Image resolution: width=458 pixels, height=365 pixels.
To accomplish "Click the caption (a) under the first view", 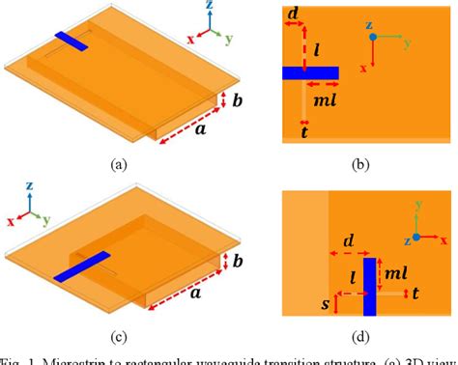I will (119, 163).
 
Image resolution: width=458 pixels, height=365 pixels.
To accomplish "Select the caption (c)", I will (119, 336).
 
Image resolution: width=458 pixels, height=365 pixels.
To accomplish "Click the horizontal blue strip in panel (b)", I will (310, 72).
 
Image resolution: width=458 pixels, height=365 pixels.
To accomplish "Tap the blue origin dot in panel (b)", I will (372, 38).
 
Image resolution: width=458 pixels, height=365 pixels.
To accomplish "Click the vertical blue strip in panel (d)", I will (369, 285).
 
